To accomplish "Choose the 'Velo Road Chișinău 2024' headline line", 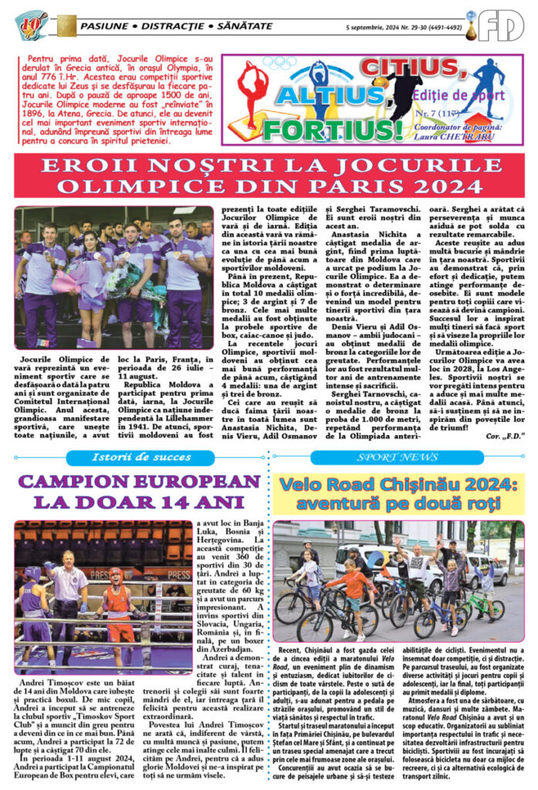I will (x=398, y=486).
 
